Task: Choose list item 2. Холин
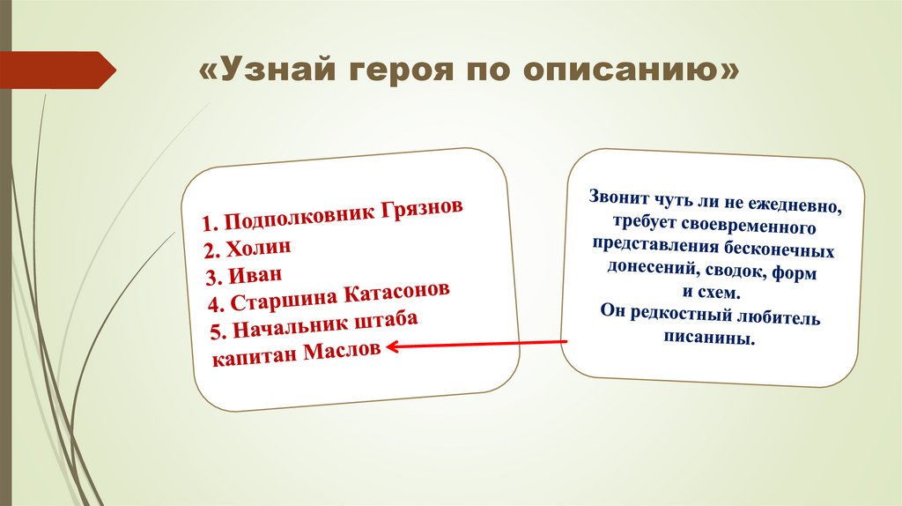[x=248, y=246]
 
